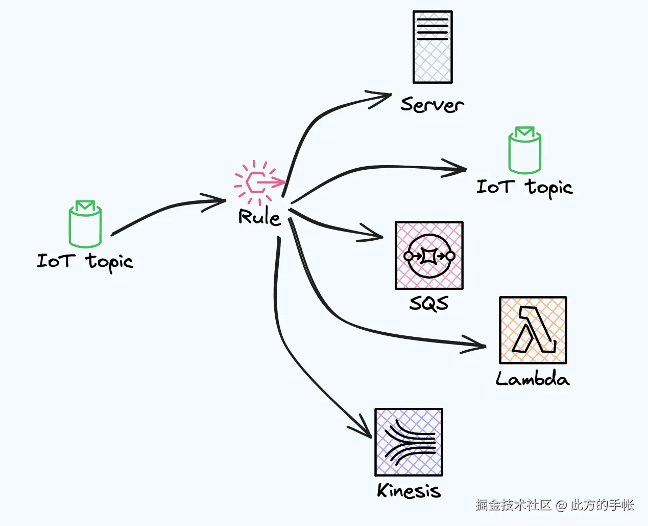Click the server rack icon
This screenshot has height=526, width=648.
point(433,47)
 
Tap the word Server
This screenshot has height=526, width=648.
point(432,105)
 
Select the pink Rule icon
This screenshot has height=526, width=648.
point(258,182)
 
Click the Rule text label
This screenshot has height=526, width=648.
point(259,217)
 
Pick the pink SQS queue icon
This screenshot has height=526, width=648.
point(429,256)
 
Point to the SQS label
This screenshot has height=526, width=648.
point(429,303)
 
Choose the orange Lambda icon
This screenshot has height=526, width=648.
point(533,330)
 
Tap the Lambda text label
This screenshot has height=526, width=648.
point(533,379)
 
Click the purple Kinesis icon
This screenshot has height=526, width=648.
point(409,442)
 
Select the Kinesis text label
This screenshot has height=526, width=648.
point(409,491)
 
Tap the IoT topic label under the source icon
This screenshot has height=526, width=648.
point(85,261)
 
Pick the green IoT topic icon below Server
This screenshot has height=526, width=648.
point(524,150)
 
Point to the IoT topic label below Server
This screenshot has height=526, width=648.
point(524,187)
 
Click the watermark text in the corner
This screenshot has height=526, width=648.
point(555,505)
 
